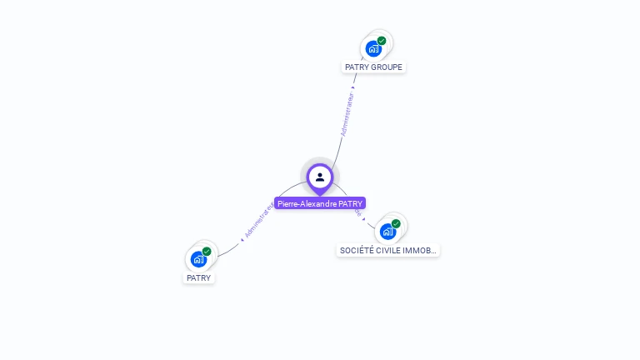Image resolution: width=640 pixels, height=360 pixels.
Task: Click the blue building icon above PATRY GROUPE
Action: coord(373,48)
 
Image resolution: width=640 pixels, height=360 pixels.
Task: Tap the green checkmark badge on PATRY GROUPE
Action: coord(382,41)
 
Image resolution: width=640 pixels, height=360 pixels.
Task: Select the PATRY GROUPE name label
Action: coord(373,67)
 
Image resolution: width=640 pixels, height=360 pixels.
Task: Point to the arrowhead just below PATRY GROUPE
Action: coord(353,87)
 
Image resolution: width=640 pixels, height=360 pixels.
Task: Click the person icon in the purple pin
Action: coord(320,177)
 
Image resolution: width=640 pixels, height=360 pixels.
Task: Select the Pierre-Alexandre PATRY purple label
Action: coord(320,203)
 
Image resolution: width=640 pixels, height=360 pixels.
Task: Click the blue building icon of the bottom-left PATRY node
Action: coord(198,259)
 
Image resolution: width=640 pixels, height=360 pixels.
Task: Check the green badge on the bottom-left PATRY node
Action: coord(207,252)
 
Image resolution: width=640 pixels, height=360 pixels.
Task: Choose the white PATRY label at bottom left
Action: coord(198,277)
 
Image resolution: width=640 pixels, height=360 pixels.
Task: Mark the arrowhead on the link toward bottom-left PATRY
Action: coord(242,239)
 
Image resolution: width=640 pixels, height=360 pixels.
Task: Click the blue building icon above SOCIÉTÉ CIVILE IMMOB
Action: coord(387,231)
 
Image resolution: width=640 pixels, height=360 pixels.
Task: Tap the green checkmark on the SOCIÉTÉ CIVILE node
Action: coord(396,223)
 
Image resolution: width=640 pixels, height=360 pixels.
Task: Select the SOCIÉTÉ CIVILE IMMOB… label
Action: coord(387,250)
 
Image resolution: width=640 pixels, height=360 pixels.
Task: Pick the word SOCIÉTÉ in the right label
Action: coord(355,250)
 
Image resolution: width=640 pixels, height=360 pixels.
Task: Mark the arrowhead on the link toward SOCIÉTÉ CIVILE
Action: coord(364,219)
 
